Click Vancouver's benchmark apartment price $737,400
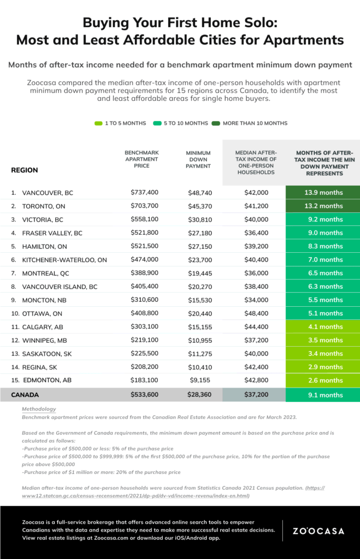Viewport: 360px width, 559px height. (x=144, y=193)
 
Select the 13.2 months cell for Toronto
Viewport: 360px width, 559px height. (x=322, y=206)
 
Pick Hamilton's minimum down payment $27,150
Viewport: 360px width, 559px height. (x=200, y=246)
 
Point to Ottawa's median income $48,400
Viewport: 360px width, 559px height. (x=256, y=313)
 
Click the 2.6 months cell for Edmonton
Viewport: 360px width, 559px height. (x=322, y=380)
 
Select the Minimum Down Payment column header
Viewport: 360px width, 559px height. (x=198, y=159)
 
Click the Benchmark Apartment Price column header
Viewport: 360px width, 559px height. (x=141, y=159)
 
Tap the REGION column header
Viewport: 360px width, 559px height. (x=24, y=170)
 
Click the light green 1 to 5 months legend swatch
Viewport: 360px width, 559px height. (x=98, y=123)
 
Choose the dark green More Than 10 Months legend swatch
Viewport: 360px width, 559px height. (x=215, y=123)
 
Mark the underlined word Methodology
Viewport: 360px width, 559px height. (x=39, y=409)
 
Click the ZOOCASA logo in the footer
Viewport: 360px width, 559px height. (x=318, y=531)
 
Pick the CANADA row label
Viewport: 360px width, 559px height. (x=25, y=395)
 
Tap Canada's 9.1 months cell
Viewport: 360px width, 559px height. (x=322, y=395)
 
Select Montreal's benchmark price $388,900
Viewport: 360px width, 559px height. (x=144, y=273)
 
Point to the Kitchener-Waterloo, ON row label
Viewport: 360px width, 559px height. (x=64, y=260)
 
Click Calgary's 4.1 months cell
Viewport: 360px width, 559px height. (x=322, y=326)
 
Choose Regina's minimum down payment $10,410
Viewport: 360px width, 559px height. (x=200, y=367)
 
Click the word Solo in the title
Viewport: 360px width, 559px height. (x=259, y=23)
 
